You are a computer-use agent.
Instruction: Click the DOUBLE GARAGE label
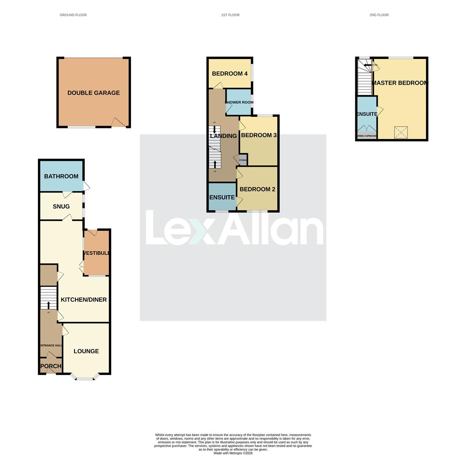[x=93, y=93]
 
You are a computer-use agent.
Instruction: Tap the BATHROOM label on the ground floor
[x=61, y=177]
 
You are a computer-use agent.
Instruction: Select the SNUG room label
[x=61, y=206]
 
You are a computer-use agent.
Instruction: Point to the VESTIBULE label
[x=97, y=253]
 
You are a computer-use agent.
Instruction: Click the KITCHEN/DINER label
[x=84, y=300]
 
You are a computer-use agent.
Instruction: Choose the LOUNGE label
[x=86, y=351]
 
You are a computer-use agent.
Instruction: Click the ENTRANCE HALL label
[x=51, y=345]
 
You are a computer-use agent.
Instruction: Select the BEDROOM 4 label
[x=229, y=74]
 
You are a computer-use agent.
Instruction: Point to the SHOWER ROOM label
[x=239, y=102]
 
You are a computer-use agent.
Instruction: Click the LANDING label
[x=223, y=136]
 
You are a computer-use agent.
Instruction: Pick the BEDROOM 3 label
[x=258, y=135]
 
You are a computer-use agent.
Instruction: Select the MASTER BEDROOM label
[x=399, y=83]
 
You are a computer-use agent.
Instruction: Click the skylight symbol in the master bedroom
[x=401, y=132]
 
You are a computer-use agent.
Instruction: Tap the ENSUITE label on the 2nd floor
[x=367, y=114]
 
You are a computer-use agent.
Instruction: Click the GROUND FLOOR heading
[x=73, y=15]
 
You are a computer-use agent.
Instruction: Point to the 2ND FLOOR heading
[x=379, y=15]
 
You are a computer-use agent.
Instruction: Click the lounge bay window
[x=84, y=378]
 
